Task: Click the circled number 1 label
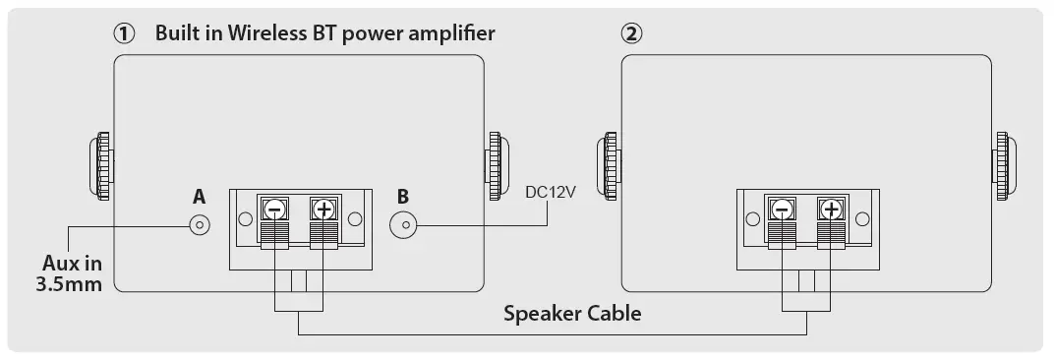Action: tap(124, 33)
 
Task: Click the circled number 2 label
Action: tap(631, 33)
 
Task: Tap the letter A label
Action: tap(200, 197)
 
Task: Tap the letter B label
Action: tap(402, 197)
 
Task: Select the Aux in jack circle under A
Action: tap(200, 225)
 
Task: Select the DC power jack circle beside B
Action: tap(403, 225)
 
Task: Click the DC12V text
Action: tap(550, 192)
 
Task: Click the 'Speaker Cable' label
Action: tap(572, 314)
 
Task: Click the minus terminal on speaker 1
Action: tap(274, 210)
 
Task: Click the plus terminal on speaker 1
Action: tap(322, 210)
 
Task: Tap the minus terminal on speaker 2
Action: tap(782, 210)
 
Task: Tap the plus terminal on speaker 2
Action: tap(830, 210)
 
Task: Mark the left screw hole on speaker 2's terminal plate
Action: tap(751, 218)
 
